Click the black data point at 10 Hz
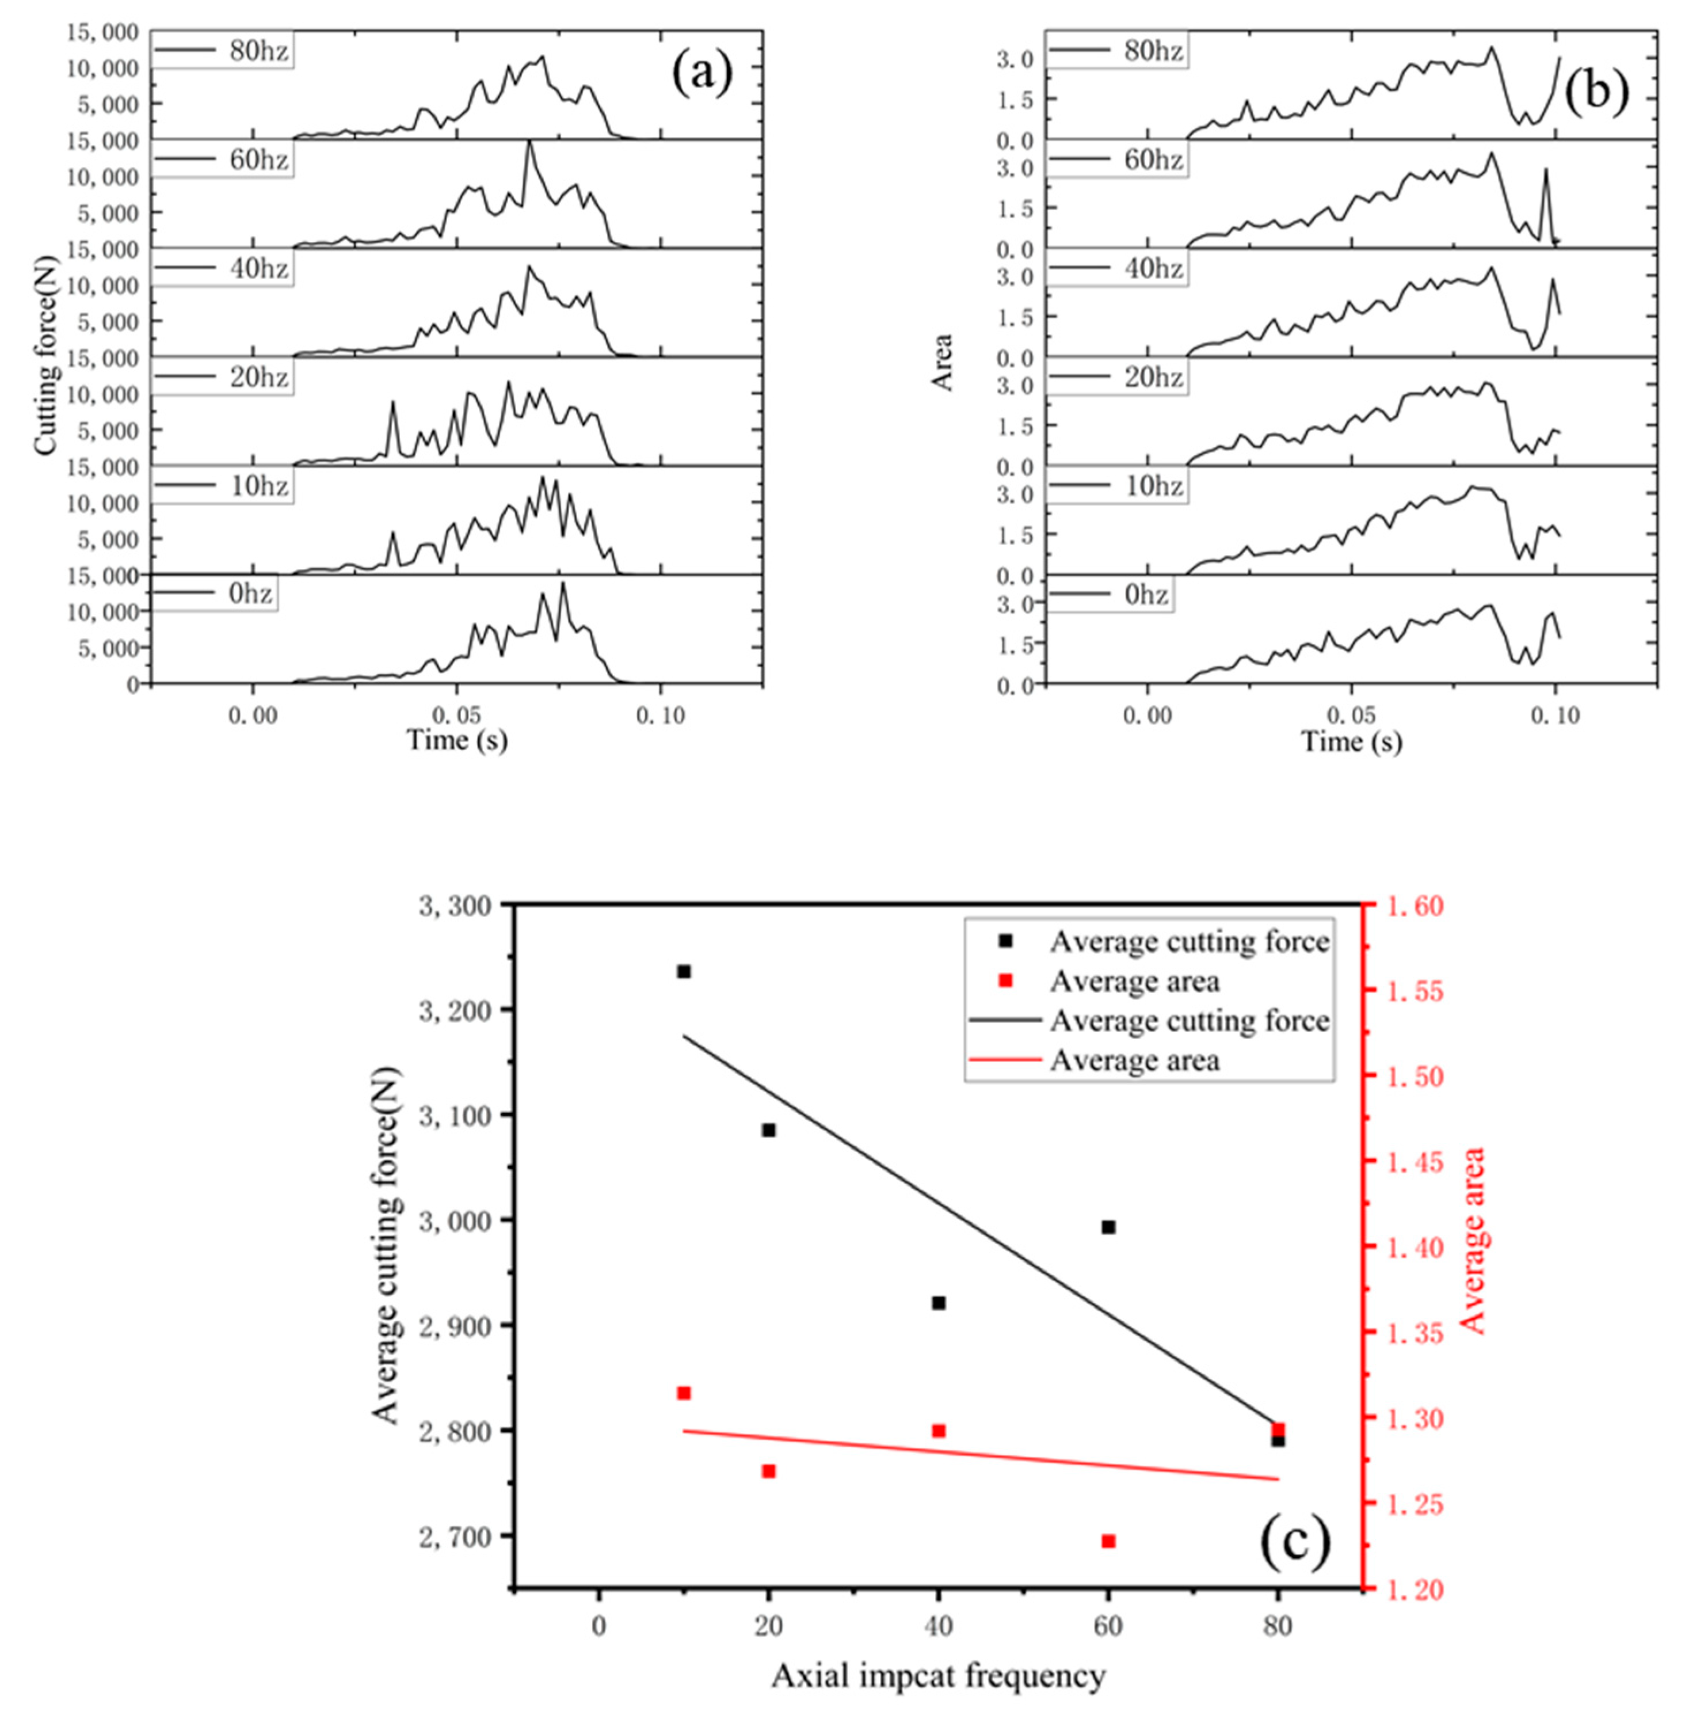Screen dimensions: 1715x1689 [683, 972]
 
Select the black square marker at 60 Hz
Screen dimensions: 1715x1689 [1108, 1227]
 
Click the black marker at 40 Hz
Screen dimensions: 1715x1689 [939, 1302]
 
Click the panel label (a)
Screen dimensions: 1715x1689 [701, 74]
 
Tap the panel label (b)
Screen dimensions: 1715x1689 [1597, 92]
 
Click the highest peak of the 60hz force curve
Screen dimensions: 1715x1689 [529, 142]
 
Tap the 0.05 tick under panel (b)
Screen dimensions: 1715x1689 [1351, 715]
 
